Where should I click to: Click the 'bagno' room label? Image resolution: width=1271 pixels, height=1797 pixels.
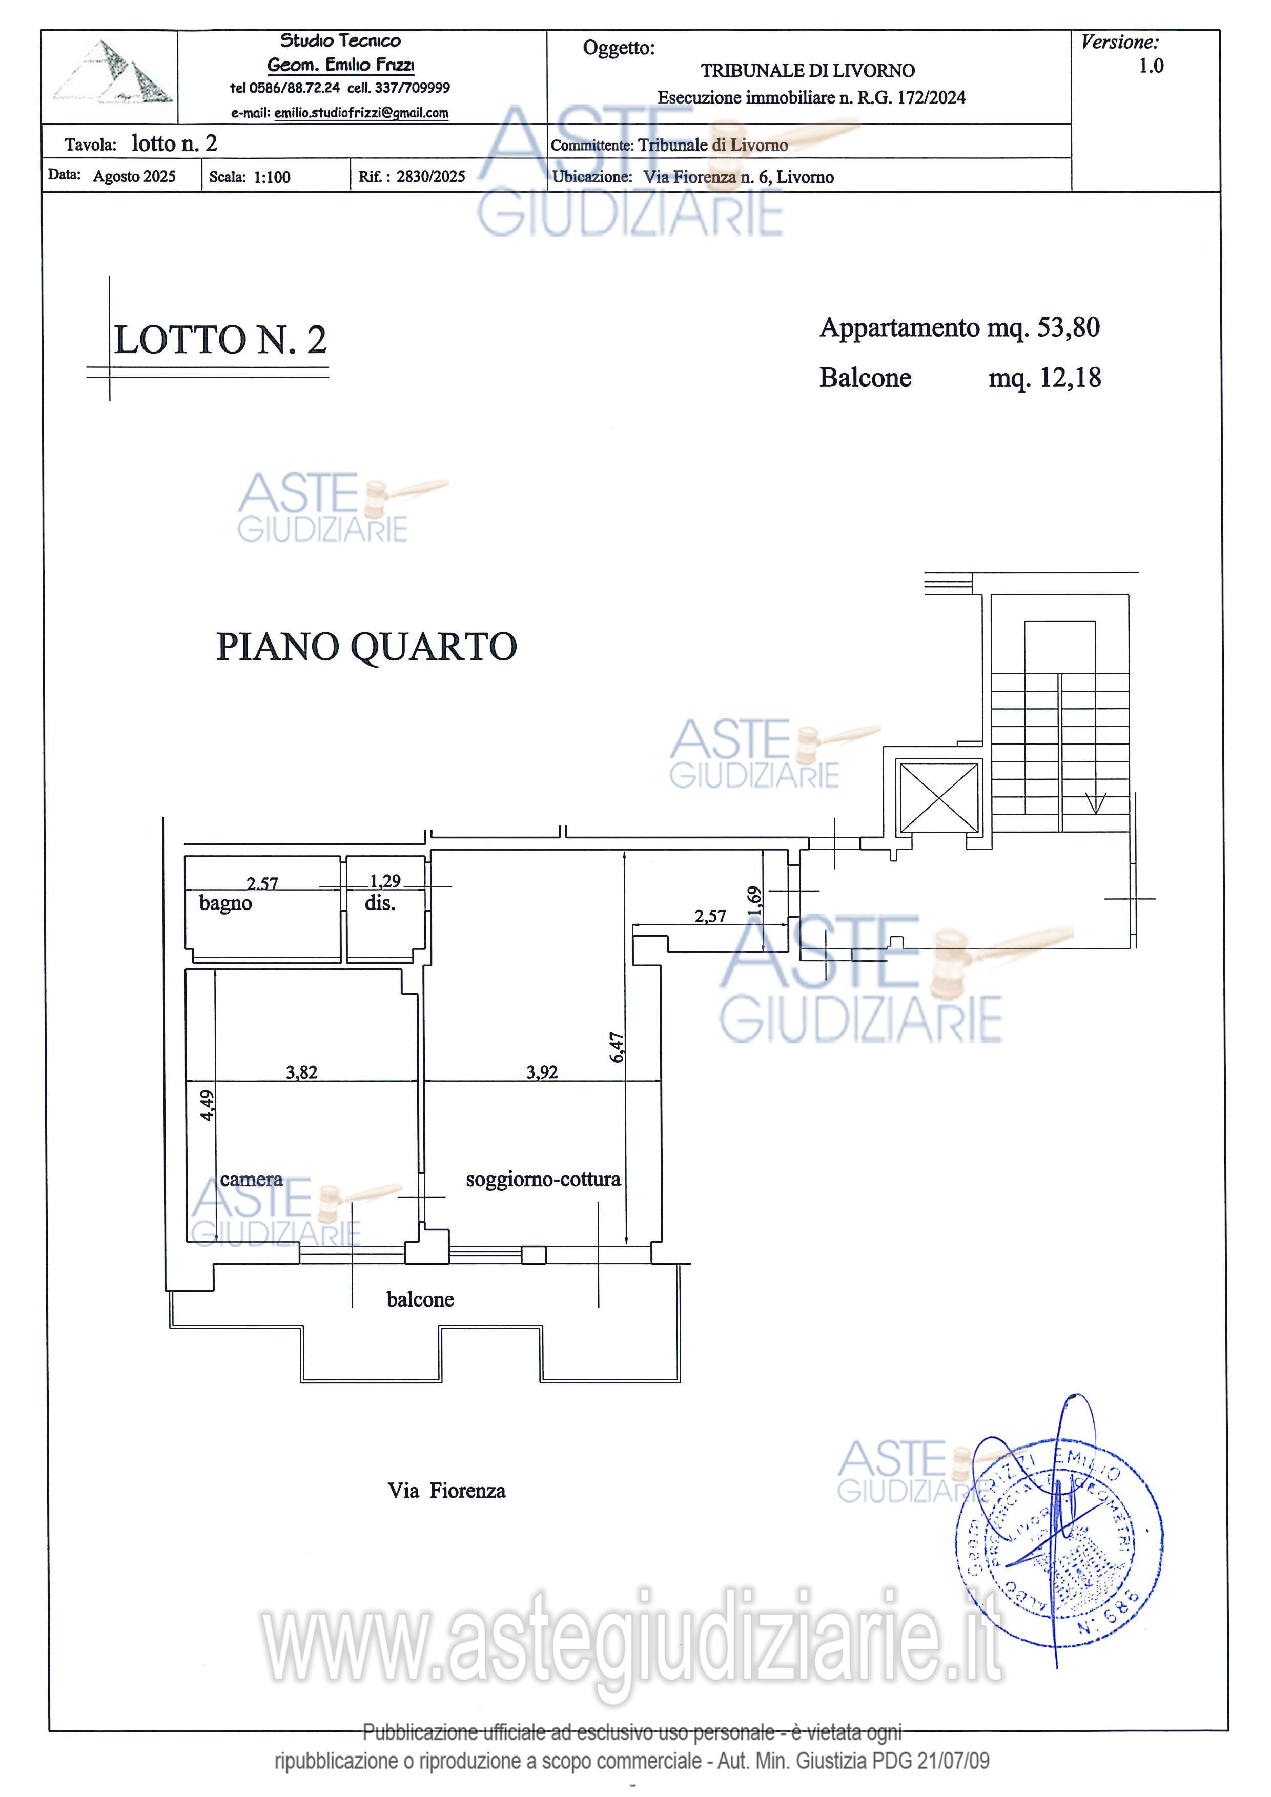point(225,903)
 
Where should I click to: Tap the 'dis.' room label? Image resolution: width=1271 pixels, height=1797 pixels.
point(380,903)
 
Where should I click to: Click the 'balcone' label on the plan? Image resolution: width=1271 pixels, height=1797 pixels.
point(420,1299)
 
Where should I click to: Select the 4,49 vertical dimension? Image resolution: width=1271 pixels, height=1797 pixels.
point(207,1105)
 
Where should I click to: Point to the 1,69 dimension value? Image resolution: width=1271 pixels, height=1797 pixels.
point(754,901)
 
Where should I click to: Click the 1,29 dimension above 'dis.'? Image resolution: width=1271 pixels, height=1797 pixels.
point(385,881)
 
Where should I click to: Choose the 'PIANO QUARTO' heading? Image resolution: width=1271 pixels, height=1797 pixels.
point(366,647)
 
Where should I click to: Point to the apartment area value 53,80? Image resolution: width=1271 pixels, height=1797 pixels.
point(1068,327)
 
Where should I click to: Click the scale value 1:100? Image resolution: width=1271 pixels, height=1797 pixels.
point(272,177)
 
